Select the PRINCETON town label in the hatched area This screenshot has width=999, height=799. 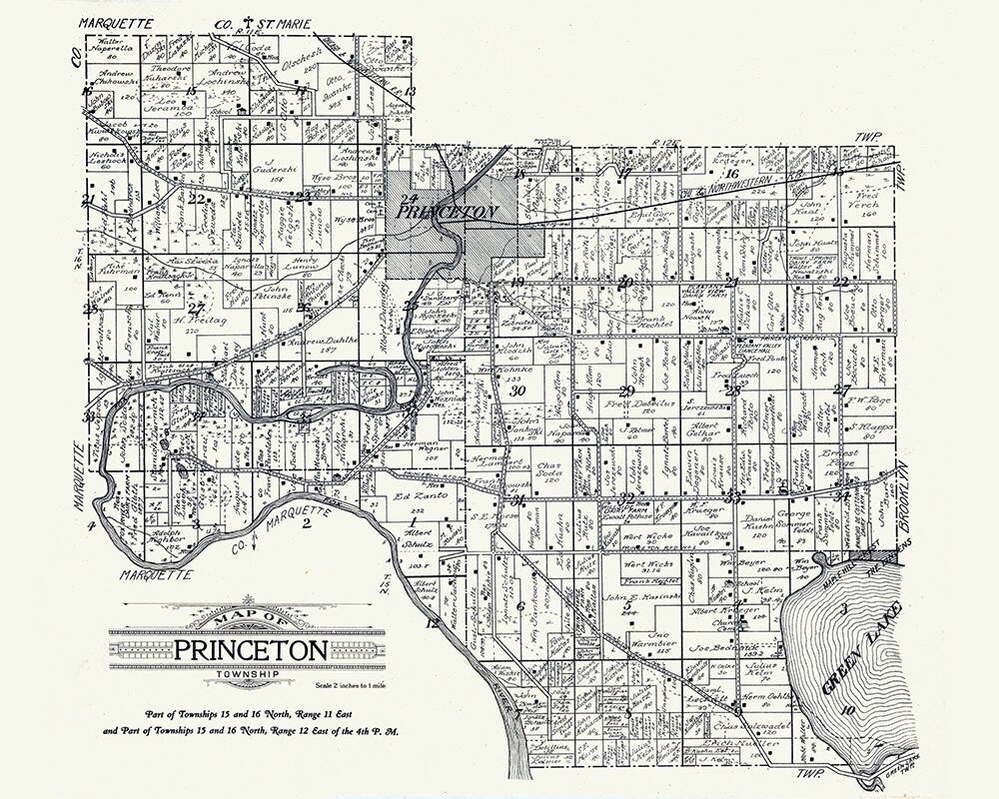[449, 211]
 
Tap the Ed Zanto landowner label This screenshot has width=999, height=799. [418, 496]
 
